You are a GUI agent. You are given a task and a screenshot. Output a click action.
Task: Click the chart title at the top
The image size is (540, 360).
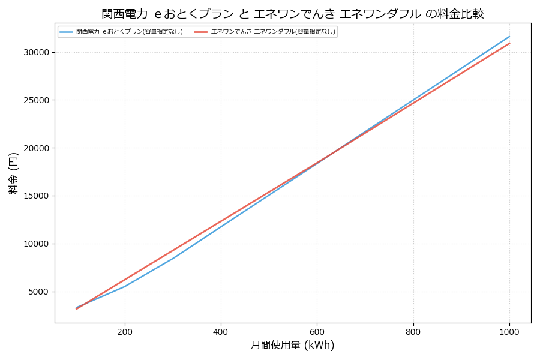click(x=293, y=13)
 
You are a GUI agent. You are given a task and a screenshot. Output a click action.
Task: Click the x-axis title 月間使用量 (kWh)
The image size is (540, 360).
click(x=292, y=345)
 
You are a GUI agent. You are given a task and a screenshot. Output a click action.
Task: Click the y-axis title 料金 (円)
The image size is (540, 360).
click(x=13, y=173)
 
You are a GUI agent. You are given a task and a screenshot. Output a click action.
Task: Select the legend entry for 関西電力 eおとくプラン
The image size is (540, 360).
click(x=129, y=32)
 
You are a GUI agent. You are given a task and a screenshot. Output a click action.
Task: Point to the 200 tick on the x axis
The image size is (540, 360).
click(x=125, y=331)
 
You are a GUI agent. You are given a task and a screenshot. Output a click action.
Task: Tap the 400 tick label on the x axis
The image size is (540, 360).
click(x=221, y=331)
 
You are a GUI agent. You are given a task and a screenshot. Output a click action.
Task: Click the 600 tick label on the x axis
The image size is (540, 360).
click(x=317, y=331)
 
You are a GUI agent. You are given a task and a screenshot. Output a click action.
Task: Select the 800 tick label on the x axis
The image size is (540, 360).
click(x=413, y=331)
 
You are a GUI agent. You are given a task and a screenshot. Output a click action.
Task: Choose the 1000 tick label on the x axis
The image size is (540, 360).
click(x=509, y=331)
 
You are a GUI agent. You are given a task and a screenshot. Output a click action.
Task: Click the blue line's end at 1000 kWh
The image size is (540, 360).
click(x=509, y=36)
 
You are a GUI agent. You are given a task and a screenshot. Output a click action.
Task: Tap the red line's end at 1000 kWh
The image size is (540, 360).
click(x=509, y=43)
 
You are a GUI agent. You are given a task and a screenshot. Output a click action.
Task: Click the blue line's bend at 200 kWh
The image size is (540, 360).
click(x=125, y=286)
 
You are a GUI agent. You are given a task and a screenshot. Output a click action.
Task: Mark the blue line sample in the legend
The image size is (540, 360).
click(x=66, y=32)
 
